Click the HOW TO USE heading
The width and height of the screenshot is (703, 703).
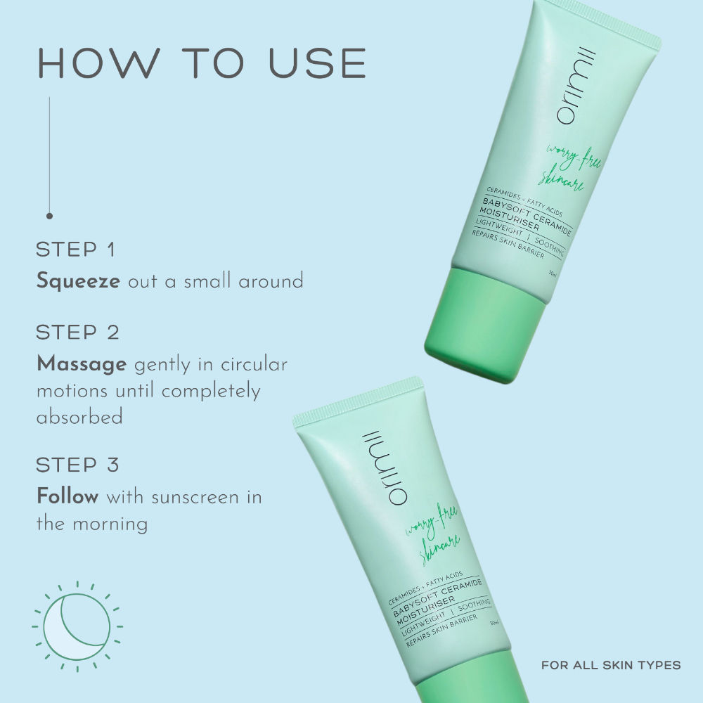202,63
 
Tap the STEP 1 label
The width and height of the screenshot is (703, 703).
76,250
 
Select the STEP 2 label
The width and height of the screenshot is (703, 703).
77,333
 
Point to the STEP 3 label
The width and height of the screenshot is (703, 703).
77,465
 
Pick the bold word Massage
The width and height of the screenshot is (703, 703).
81,364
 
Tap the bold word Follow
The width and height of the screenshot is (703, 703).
67,496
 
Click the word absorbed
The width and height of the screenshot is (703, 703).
79,417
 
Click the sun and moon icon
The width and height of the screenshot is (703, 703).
77,626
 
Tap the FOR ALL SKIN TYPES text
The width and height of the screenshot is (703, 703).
611,665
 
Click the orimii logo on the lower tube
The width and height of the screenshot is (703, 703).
385,468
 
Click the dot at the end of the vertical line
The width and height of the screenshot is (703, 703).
49,216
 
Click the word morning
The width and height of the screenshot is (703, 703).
110,524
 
